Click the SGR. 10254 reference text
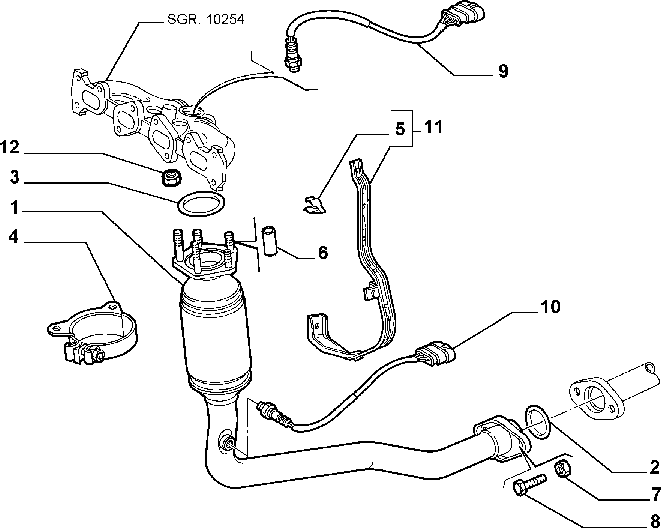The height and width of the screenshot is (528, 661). pyautogui.click(x=205, y=19)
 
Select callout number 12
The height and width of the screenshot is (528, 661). pyautogui.click(x=10, y=147)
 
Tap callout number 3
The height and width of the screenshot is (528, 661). pyautogui.click(x=14, y=177)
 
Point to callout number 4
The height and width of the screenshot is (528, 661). pyautogui.click(x=13, y=237)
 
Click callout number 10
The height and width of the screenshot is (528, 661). pyautogui.click(x=550, y=307)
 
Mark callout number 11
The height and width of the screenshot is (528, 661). pyautogui.click(x=433, y=127)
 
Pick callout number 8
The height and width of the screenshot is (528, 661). pyautogui.click(x=655, y=520)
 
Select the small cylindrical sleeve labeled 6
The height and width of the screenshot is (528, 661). pyautogui.click(x=269, y=240)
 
